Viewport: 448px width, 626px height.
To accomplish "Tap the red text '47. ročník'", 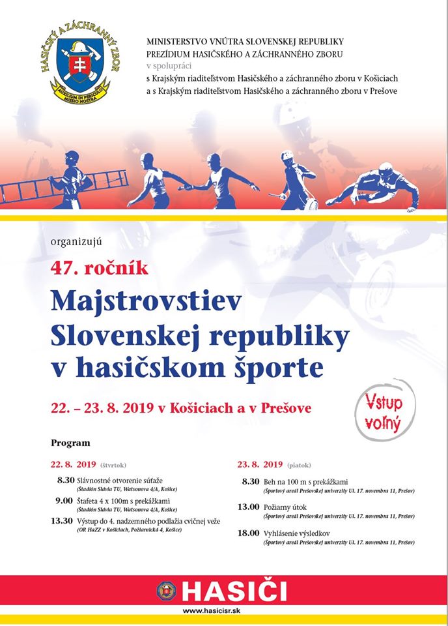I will (100, 267).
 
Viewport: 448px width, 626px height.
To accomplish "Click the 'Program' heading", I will (70, 443).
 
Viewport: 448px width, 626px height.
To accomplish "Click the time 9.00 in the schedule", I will (64, 500).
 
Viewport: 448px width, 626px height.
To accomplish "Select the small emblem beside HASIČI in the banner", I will (167, 591).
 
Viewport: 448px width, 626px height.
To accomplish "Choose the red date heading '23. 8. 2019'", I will (260, 465).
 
